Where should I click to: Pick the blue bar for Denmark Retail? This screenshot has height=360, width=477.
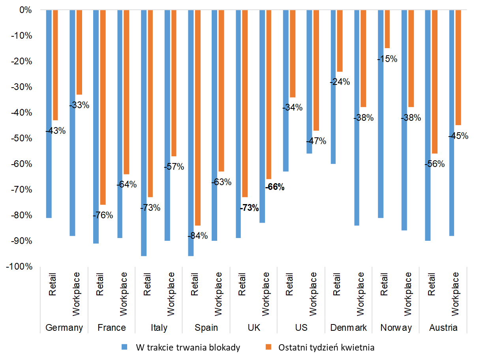(333, 87)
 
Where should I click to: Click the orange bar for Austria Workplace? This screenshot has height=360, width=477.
(458, 67)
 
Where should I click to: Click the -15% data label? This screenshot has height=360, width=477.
(387, 59)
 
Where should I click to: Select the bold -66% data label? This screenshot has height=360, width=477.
(275, 187)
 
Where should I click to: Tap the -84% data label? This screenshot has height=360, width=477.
(197, 236)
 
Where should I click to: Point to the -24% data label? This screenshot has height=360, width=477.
(340, 82)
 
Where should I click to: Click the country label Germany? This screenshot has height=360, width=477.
(64, 328)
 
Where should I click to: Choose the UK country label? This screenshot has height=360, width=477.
(254, 328)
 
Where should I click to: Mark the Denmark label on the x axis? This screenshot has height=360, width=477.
(348, 328)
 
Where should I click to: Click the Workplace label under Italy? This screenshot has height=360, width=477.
(171, 294)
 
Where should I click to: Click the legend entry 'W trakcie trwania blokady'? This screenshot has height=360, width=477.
(188, 347)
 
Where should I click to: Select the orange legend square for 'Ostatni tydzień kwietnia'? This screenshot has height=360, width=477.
(269, 347)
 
